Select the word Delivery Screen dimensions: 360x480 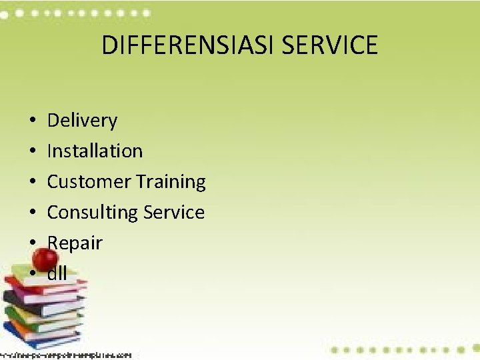point(82,121)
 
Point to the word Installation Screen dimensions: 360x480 point(95,151)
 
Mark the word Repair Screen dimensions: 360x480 point(75,243)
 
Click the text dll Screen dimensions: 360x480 point(57,273)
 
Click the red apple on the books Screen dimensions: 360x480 point(45,259)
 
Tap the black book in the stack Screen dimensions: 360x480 point(33,298)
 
